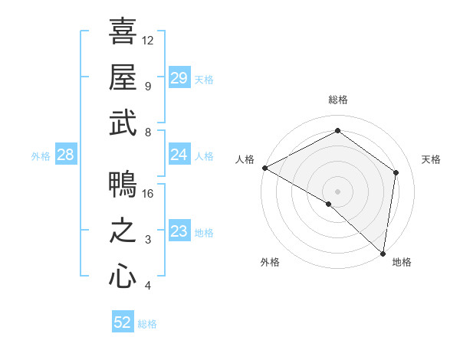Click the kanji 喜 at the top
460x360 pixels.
coord(123,33)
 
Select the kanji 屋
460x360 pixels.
coord(123,77)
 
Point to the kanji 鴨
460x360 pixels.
coord(123,185)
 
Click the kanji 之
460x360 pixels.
coord(123,231)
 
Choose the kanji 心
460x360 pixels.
coord(123,277)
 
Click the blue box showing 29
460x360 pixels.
coord(179,78)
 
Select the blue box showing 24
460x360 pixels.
coord(179,155)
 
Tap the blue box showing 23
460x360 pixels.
coord(179,231)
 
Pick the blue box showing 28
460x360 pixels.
coord(65,155)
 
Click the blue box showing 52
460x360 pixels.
coord(123,322)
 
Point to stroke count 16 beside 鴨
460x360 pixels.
coord(149,194)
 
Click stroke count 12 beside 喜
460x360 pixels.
coord(148,40)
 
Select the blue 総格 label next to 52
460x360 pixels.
coord(147,324)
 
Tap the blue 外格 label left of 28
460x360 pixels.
coord(41,156)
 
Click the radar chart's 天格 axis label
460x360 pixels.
coord(431,159)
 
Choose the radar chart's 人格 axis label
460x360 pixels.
coord(245,159)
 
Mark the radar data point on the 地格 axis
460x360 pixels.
coord(383,253)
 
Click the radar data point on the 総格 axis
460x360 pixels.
coord(337,131)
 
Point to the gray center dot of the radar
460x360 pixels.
coord(337,190)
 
